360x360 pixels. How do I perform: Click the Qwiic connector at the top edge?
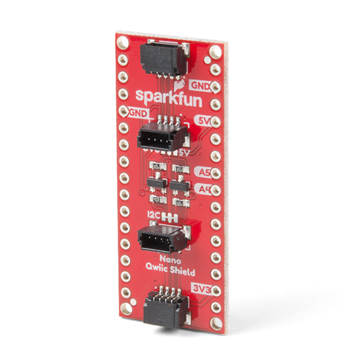pos(162,59)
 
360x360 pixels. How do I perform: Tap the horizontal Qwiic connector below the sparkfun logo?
pos(161,137)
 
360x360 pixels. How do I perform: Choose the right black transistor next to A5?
pos(179,185)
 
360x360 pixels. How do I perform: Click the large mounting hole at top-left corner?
pos(123,43)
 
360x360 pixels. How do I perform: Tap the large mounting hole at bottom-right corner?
pos(216,323)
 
